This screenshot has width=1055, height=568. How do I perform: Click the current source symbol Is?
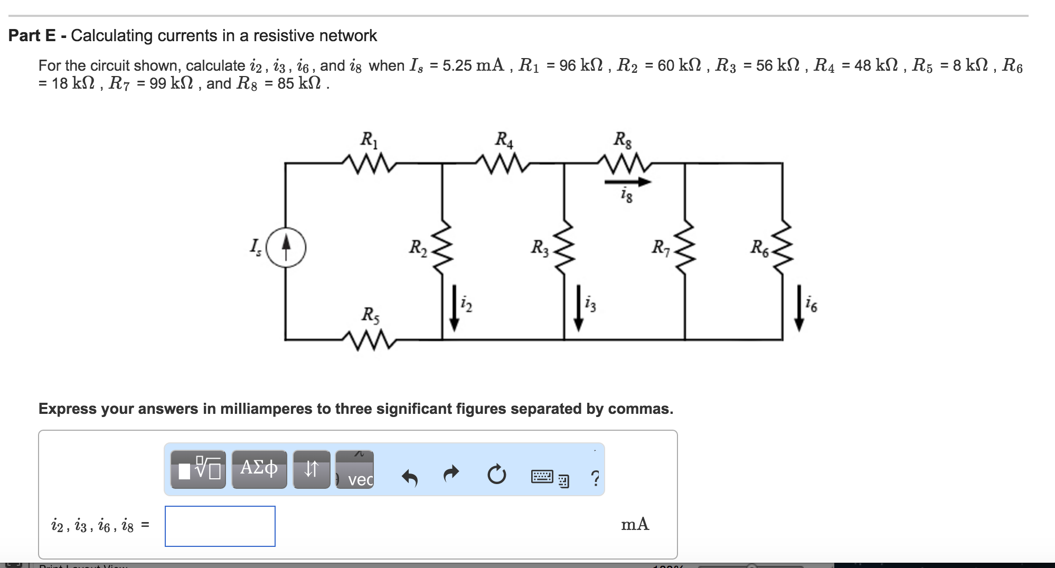[286, 247]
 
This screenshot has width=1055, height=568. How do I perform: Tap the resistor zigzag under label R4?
[503, 163]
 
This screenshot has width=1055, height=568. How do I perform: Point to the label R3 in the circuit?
[539, 247]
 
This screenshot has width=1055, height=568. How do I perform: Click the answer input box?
[220, 526]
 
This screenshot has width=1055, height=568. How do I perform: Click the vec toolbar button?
[355, 470]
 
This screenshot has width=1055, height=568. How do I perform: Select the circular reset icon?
[496, 475]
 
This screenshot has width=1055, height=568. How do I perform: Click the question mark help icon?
[595, 478]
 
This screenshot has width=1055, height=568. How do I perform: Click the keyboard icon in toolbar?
[542, 477]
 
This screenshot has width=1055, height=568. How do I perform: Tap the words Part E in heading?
[32, 35]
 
